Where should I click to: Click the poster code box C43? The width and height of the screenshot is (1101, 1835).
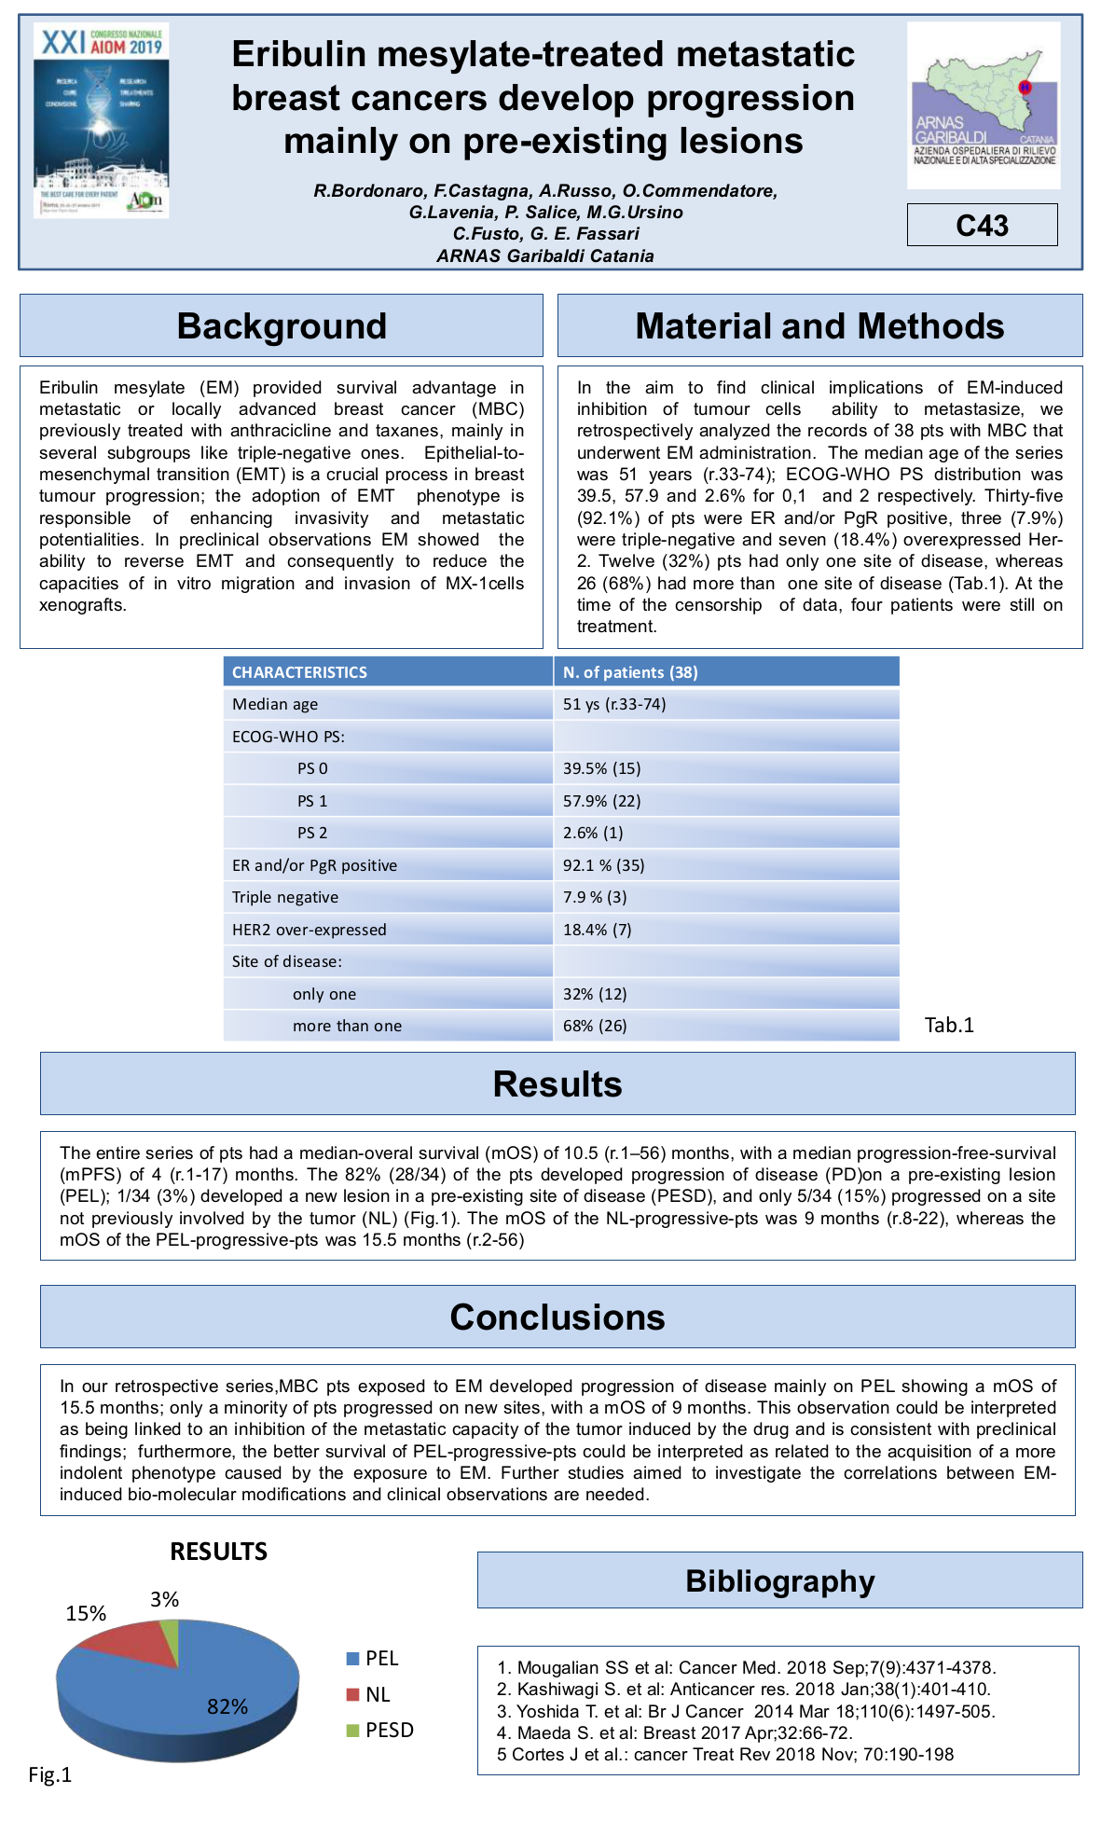982,226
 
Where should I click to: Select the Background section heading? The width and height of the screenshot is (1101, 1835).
282,326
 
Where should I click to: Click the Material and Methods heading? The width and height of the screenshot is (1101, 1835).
819,326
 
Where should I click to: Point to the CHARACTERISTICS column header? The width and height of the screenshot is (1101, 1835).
299,672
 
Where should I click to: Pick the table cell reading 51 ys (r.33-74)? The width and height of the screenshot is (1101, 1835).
614,704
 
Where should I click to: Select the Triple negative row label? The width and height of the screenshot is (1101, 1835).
285,897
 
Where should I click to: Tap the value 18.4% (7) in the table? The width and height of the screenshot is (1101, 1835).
597,930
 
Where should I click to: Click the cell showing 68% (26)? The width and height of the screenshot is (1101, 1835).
595,1026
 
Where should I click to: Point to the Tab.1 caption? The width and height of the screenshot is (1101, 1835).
949,1025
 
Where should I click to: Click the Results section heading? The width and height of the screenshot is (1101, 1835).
557,1084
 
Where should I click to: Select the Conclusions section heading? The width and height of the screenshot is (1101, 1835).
557,1318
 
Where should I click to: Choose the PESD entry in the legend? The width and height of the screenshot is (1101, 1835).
389,1731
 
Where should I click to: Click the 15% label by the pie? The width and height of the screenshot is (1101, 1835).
86,1613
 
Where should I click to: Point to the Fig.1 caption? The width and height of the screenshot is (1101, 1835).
49,1774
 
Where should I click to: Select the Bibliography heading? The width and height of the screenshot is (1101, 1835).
779,1581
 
